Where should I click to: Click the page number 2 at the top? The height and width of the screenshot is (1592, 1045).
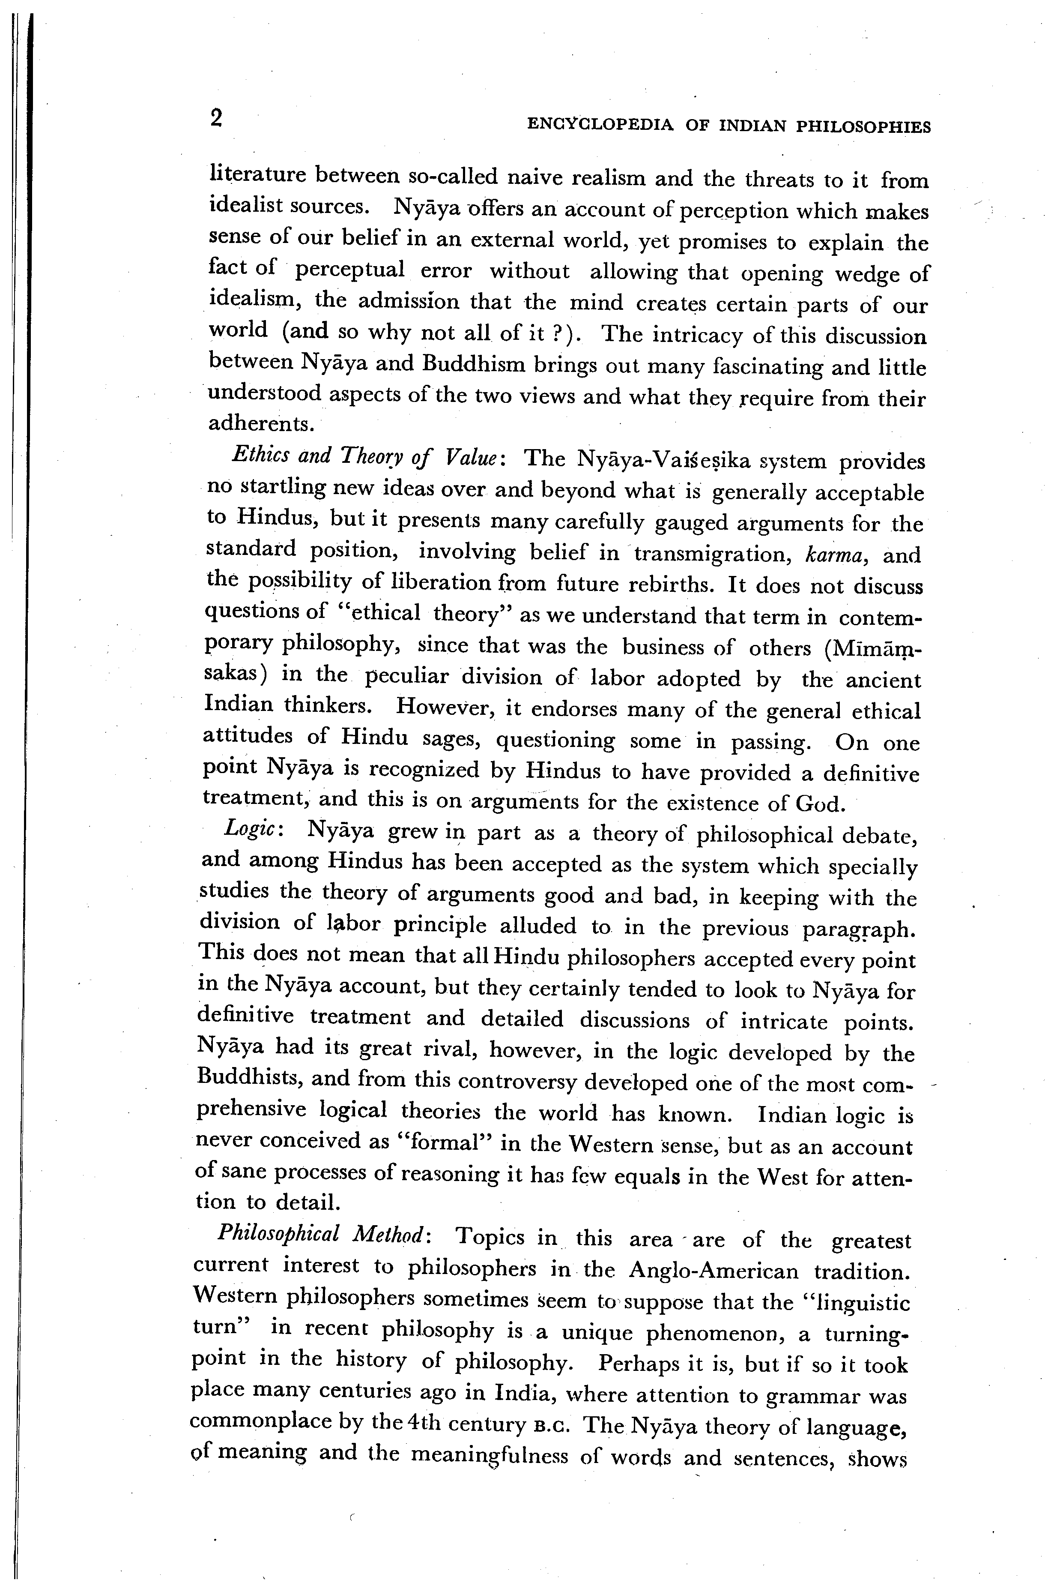[215, 118]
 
